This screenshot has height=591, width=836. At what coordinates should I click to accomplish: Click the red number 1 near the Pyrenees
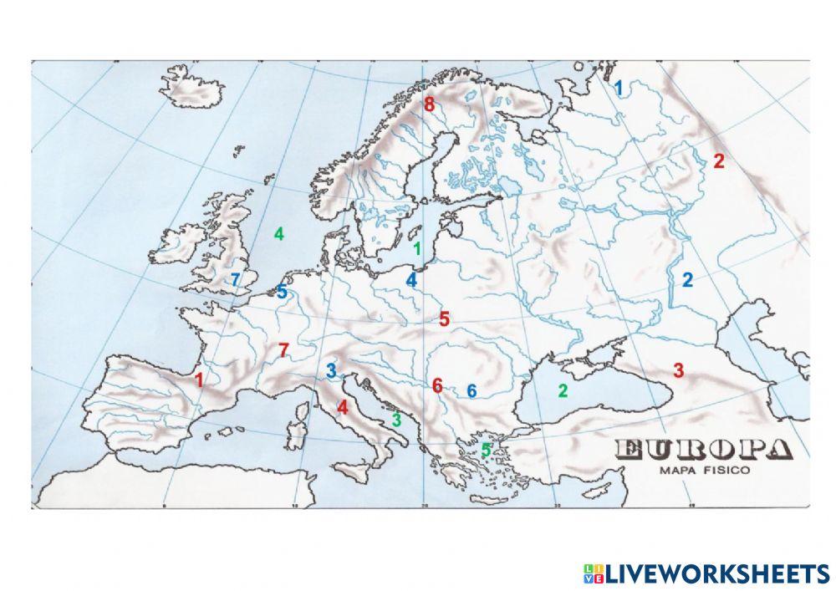(x=199, y=380)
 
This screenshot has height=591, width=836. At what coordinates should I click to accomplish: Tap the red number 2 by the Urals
(x=718, y=162)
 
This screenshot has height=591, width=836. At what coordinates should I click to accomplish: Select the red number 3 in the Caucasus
(x=679, y=370)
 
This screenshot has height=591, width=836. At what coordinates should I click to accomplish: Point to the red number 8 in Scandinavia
(x=429, y=105)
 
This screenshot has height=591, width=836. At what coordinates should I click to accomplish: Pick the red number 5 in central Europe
(x=444, y=318)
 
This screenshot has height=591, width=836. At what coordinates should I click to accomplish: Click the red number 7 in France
(x=283, y=350)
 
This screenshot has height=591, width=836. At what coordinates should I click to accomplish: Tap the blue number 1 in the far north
(x=619, y=87)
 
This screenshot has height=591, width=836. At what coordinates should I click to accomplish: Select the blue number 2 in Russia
(x=687, y=280)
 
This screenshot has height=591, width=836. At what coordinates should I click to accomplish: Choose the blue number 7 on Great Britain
(x=236, y=279)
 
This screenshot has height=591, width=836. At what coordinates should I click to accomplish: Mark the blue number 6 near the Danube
(x=472, y=390)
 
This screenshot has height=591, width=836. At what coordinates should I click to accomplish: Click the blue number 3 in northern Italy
(x=331, y=370)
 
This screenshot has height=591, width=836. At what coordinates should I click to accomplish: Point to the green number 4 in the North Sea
(x=279, y=234)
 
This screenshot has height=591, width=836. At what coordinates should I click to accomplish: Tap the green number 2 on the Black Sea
(x=563, y=390)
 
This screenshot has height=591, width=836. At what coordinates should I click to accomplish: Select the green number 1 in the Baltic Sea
(x=417, y=248)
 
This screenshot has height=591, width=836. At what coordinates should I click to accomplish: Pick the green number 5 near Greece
(x=486, y=450)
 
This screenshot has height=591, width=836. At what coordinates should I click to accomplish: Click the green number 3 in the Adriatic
(x=396, y=420)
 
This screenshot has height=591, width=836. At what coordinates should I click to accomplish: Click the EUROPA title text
(x=704, y=451)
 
